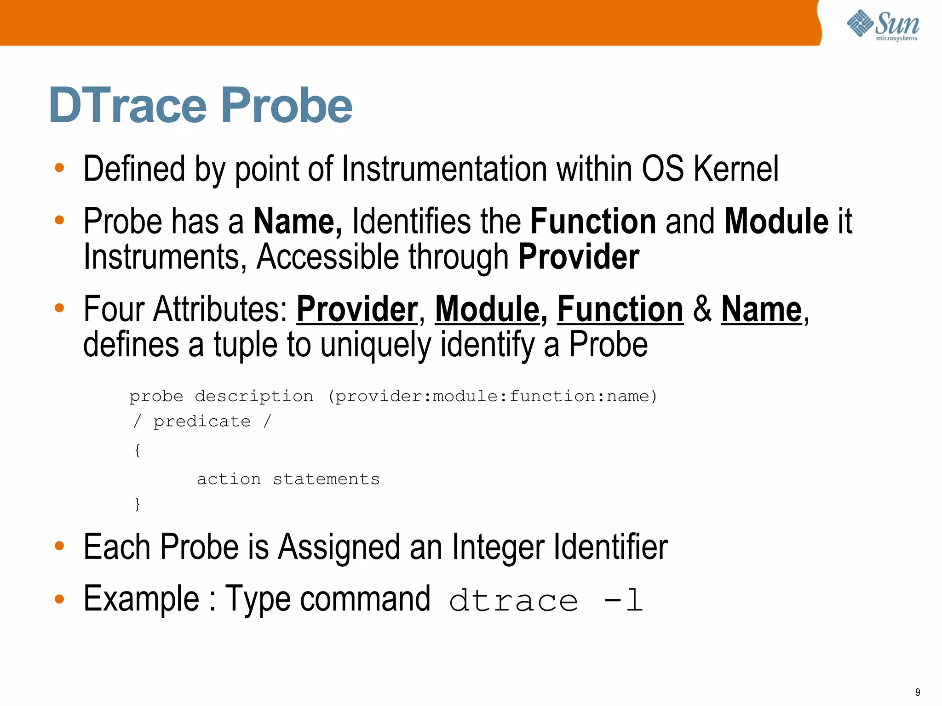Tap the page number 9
click(918, 692)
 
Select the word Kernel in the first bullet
click(736, 169)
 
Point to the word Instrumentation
click(444, 169)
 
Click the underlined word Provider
click(357, 309)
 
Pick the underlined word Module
click(487, 309)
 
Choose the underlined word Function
click(620, 309)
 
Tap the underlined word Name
click(761, 309)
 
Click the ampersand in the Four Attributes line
click(702, 309)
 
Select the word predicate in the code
click(202, 421)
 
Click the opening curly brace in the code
click(137, 450)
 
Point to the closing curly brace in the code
click(137, 504)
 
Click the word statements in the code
click(326, 479)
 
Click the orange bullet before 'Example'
click(59, 599)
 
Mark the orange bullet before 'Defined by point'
click(59, 168)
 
